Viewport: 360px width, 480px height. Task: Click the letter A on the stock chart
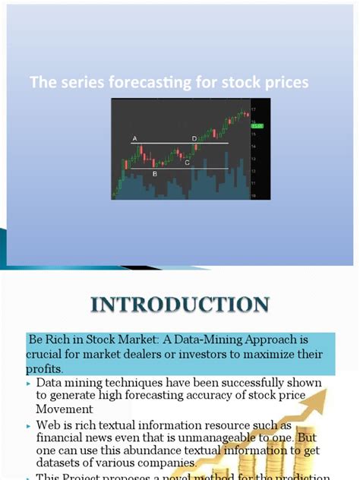coord(134,138)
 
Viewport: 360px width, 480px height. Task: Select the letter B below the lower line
coord(155,174)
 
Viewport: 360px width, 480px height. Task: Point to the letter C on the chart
coord(187,163)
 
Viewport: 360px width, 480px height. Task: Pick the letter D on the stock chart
coord(194,138)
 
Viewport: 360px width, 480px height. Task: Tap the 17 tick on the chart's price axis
coord(254,110)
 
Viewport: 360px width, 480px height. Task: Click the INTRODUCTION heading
coord(179,305)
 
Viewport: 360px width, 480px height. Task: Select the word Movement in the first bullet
coord(64,408)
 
